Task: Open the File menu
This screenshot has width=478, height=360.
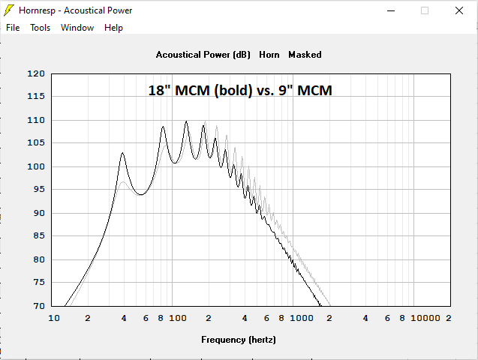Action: tap(13, 28)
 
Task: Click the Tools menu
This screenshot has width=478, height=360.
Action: tap(40, 28)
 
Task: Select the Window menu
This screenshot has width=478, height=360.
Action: tap(77, 28)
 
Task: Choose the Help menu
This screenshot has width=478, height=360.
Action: tap(113, 28)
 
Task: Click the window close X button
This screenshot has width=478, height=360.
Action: tap(458, 10)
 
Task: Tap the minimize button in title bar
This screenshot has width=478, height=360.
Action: tap(390, 10)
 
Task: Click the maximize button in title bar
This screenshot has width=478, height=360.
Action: tap(425, 10)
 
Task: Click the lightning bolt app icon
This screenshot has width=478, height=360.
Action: tap(9, 10)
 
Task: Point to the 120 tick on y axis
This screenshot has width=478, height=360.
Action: tap(36, 73)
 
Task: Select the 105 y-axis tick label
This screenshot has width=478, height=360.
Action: tap(36, 143)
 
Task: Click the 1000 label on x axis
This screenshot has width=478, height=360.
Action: tap(302, 318)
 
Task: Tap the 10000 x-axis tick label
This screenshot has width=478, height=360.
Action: tap(426, 318)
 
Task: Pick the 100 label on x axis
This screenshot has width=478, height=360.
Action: tap(178, 318)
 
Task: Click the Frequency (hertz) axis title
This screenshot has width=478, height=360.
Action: tap(239, 340)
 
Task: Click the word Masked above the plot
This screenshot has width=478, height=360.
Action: tap(305, 55)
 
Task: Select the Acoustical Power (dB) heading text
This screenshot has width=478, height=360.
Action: tap(203, 55)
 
